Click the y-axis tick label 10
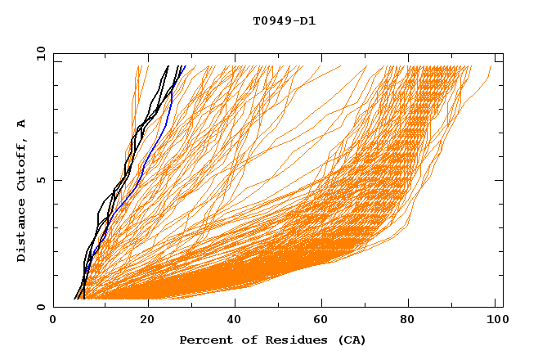click(39, 53)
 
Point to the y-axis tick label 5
click(43, 180)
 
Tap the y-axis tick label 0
click(43, 307)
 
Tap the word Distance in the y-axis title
click(21, 232)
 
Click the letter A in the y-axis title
click(21, 124)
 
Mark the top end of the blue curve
click(186, 66)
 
